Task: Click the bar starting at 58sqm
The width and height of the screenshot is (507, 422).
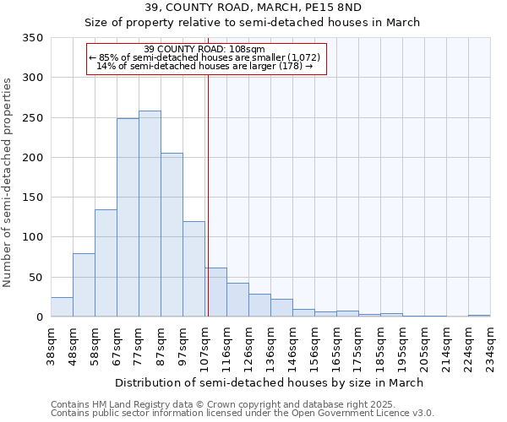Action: tap(106, 263)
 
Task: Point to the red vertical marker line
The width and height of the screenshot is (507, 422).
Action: tap(208, 194)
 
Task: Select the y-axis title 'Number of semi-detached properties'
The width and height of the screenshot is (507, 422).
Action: tap(8, 181)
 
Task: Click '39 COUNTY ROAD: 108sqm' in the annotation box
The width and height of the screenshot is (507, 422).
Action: tap(205, 49)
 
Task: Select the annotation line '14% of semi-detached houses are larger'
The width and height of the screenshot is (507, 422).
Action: tap(205, 66)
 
